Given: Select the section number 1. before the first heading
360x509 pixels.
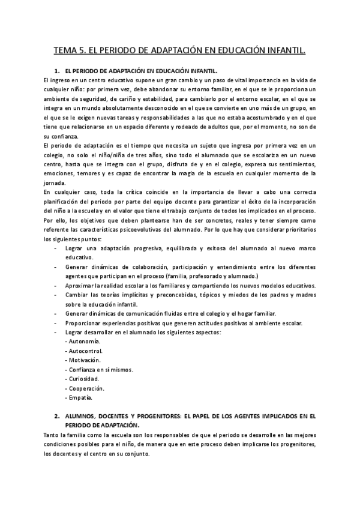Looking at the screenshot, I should pyautogui.click(x=58, y=71).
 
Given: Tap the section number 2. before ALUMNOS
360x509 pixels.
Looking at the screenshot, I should pyautogui.click(x=58, y=416).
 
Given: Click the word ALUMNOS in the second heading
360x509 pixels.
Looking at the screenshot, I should pyautogui.click(x=83, y=416).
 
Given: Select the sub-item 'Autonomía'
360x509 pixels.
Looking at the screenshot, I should pyautogui.click(x=83, y=342).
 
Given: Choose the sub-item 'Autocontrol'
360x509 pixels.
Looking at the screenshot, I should pyautogui.click(x=84, y=351).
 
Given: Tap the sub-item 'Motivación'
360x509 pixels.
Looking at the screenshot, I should pyautogui.click(x=83, y=360).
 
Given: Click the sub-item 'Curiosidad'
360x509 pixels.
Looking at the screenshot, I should pyautogui.click(x=83, y=379).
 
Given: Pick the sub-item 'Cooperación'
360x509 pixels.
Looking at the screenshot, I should pyautogui.click(x=85, y=388).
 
